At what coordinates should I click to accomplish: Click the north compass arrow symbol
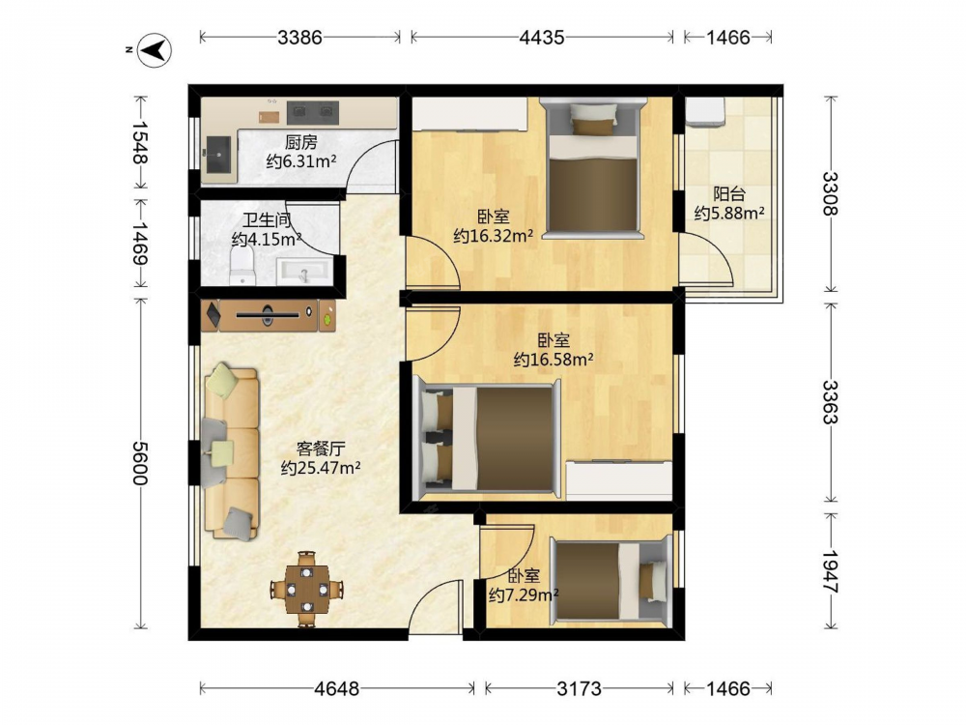pyautogui.click(x=154, y=49)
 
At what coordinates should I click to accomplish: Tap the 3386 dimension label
pyautogui.click(x=300, y=38)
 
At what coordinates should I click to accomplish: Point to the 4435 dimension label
pyautogui.click(x=542, y=38)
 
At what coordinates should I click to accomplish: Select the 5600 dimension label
pyautogui.click(x=141, y=463)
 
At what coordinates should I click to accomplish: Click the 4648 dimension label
pyautogui.click(x=336, y=688)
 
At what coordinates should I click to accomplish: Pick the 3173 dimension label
pyautogui.click(x=579, y=688)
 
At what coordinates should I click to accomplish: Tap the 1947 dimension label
pyautogui.click(x=831, y=571)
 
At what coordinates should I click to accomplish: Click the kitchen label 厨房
pyautogui.click(x=301, y=142)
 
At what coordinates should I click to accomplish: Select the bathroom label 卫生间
pyautogui.click(x=267, y=220)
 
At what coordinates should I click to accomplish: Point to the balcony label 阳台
pyautogui.click(x=729, y=194)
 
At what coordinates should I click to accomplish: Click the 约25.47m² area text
pyautogui.click(x=321, y=468)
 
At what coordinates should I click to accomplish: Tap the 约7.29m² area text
pyautogui.click(x=524, y=594)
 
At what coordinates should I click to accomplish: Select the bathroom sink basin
pyautogui.click(x=305, y=272)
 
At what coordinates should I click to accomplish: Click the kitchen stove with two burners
pyautogui.click(x=314, y=111)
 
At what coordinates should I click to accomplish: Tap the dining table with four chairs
pyautogui.click(x=307, y=590)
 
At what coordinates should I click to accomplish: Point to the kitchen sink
pyautogui.click(x=219, y=154)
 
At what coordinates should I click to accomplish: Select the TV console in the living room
pyautogui.click(x=269, y=315)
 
